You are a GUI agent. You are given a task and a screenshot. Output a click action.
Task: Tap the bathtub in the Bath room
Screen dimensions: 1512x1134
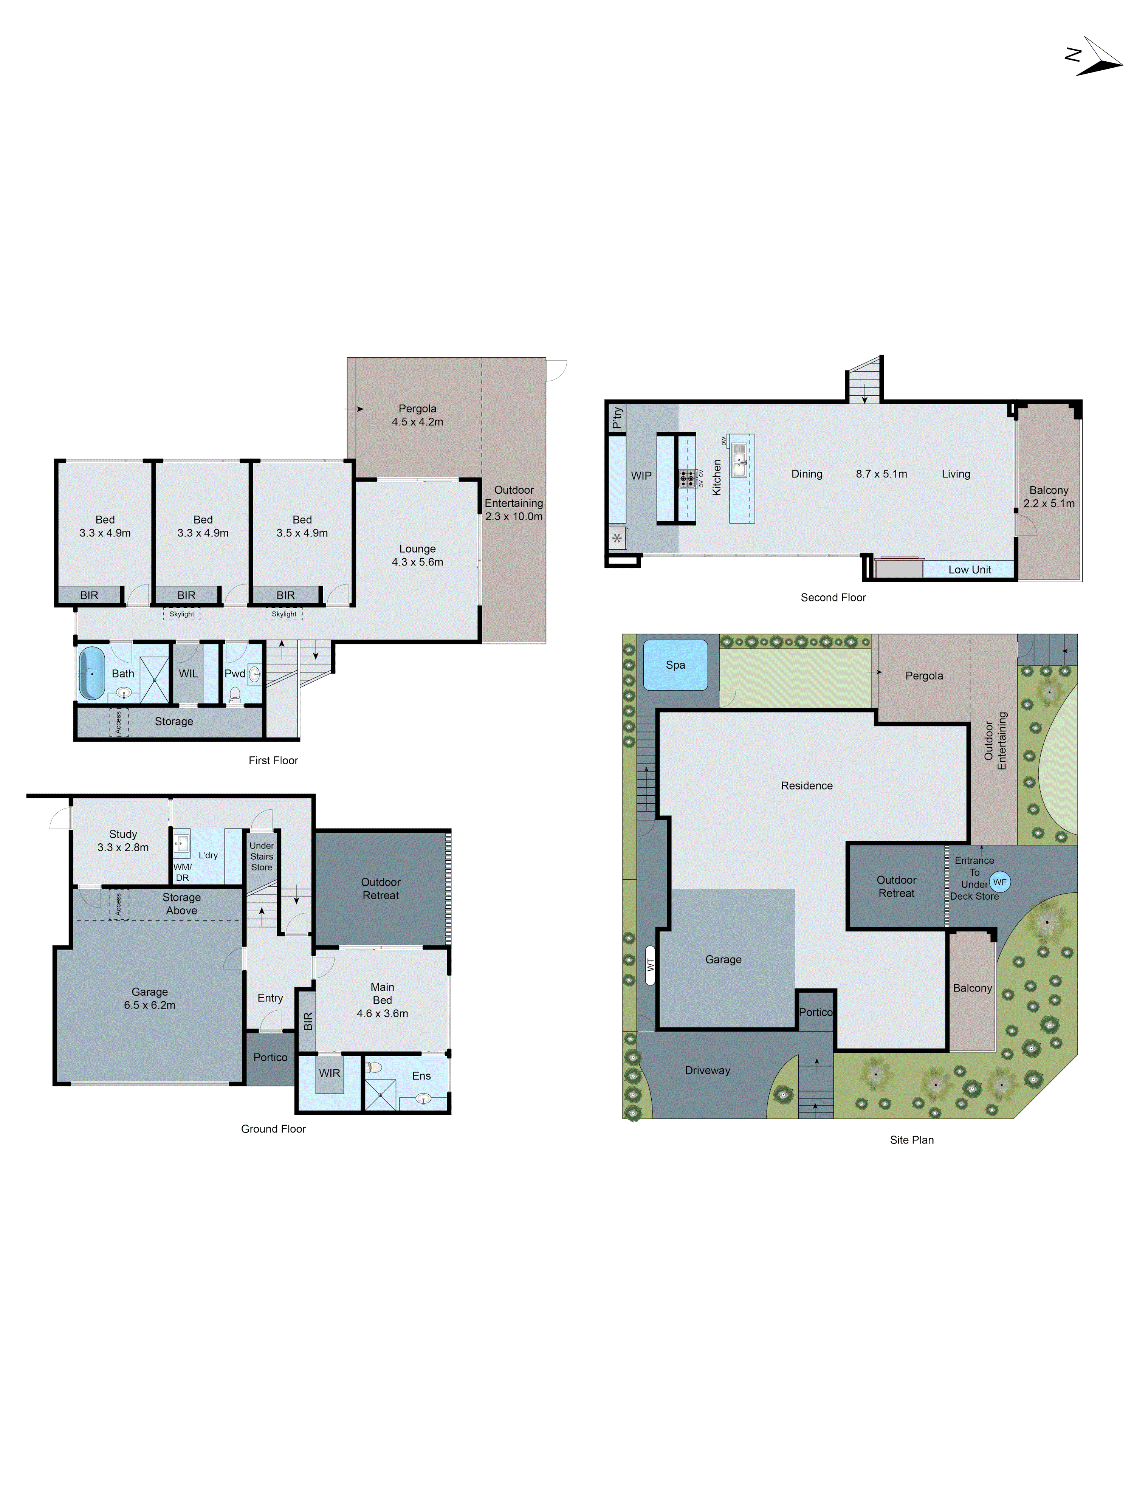(91, 673)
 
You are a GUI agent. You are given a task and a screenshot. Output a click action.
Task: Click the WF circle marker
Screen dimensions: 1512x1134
(999, 882)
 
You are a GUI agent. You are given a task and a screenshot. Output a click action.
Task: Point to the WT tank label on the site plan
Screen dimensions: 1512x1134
(650, 965)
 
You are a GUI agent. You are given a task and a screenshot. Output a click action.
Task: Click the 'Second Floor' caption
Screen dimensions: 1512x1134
(833, 597)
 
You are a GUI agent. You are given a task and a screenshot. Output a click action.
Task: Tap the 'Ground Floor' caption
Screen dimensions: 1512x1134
(273, 1129)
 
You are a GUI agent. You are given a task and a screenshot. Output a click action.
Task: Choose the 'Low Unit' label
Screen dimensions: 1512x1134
(969, 569)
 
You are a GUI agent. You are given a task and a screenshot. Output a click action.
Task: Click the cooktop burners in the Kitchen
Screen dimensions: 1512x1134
(687, 478)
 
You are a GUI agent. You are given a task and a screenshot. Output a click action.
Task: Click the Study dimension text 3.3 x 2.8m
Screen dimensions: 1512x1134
(123, 847)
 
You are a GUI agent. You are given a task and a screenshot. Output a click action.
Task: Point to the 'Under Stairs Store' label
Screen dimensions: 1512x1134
(261, 857)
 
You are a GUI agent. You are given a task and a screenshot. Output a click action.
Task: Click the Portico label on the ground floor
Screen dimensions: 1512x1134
(270, 1057)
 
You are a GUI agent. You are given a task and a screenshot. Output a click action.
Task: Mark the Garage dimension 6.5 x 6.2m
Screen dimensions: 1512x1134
(150, 1005)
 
